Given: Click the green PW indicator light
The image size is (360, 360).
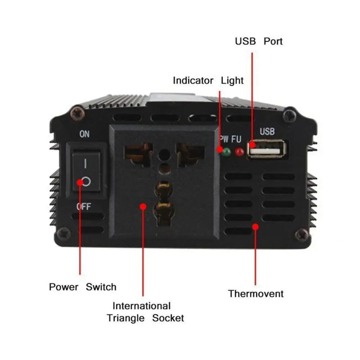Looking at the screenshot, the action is click(x=226, y=152).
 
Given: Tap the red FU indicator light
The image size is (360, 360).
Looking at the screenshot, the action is click(x=239, y=152).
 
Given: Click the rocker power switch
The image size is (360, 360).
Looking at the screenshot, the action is click(x=86, y=171).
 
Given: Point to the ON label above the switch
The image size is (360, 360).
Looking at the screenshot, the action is click(x=85, y=134).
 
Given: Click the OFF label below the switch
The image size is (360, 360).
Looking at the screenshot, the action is click(x=84, y=207).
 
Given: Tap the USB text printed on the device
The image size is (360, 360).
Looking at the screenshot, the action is click(x=267, y=131).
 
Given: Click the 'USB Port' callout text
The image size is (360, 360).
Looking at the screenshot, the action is click(x=259, y=41).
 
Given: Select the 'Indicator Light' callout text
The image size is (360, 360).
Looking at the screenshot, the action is click(x=208, y=81).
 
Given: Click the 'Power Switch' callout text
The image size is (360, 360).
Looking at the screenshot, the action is click(x=83, y=287).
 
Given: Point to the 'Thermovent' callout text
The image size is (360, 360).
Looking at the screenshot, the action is click(x=256, y=294).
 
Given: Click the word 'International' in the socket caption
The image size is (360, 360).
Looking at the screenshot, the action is click(x=141, y=306).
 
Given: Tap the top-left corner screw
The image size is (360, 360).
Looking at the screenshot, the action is click(x=77, y=113).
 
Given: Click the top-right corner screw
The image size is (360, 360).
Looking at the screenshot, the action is click(x=289, y=115).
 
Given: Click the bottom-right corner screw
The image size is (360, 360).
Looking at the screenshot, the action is click(x=302, y=235).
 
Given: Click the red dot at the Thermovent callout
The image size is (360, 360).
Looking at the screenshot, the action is click(x=255, y=227).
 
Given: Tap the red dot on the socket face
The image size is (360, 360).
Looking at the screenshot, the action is click(x=143, y=207).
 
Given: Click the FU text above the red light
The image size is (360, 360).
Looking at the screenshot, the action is click(x=236, y=139).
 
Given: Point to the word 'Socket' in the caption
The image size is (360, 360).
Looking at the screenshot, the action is click(x=168, y=318).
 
